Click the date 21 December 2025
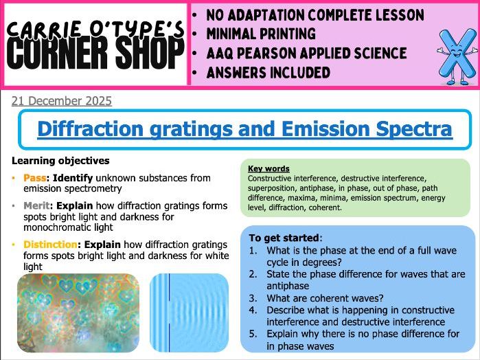click(x=61, y=101)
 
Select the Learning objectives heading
click(x=60, y=161)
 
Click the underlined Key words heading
click(x=268, y=168)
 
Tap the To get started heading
click(x=284, y=237)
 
